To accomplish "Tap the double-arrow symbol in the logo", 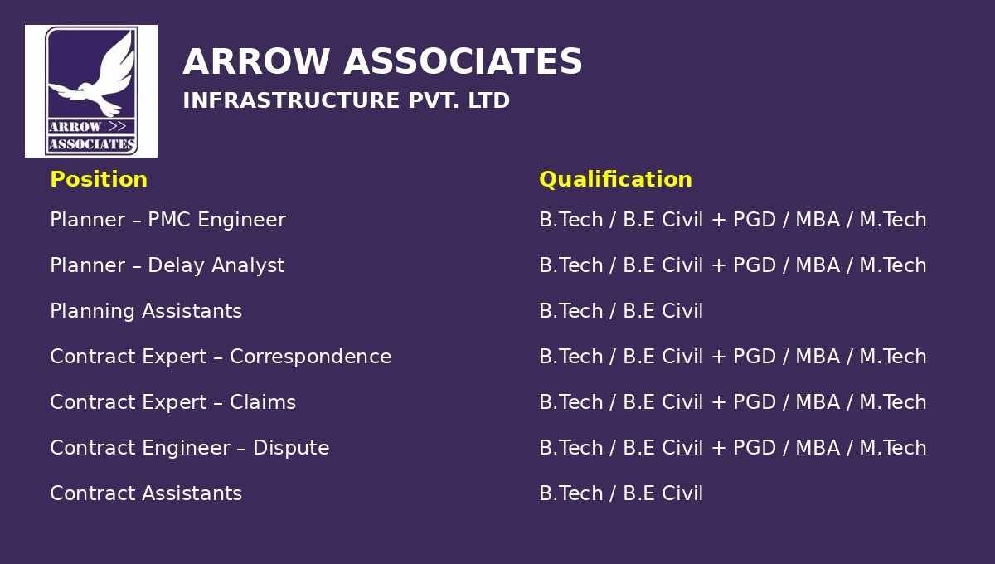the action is click(117, 127).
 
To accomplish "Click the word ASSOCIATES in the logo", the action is click(91, 144).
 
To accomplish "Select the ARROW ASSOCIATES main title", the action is click(382, 61).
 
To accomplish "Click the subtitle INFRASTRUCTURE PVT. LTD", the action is click(346, 100).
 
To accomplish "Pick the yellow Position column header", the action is click(99, 179).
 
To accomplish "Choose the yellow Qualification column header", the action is click(615, 180).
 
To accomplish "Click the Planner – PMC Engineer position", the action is click(167, 220).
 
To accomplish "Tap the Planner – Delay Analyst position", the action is click(167, 265).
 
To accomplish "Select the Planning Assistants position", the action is click(146, 311).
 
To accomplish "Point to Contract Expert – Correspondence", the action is click(221, 357).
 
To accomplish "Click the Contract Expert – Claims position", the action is click(172, 402).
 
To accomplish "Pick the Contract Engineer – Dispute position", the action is click(190, 448).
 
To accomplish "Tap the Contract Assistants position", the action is click(146, 494).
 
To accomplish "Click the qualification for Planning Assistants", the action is click(621, 311).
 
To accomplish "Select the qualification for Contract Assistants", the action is click(621, 494).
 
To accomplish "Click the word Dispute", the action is click(291, 448).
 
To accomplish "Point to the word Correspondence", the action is click(311, 357).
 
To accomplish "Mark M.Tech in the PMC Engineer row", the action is click(893, 220).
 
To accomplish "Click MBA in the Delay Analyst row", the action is click(818, 265).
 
